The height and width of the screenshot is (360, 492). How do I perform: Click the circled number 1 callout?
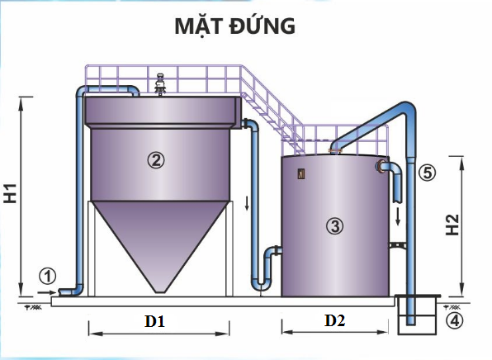click(x=47, y=277)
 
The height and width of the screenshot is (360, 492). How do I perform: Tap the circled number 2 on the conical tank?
click(x=156, y=160)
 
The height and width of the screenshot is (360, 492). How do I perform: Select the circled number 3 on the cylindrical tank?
click(x=335, y=225)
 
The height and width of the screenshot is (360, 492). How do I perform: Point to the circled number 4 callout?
click(x=454, y=320)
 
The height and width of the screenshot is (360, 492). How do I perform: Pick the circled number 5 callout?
click(x=428, y=173)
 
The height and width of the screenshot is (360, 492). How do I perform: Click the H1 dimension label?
click(x=11, y=194)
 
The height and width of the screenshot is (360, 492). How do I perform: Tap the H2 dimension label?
click(x=452, y=225)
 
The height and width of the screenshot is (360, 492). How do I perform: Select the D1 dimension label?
click(x=154, y=321)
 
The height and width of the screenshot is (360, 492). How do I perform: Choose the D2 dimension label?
click(x=335, y=320)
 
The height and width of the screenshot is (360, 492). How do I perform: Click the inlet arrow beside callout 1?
click(x=47, y=292)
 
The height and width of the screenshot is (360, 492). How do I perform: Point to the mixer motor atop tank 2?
click(x=161, y=84)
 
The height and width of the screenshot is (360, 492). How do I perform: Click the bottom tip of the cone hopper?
click(x=160, y=292)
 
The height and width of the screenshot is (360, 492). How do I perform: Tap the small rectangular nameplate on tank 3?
click(x=301, y=174)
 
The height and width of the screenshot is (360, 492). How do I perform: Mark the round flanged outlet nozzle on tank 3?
click(x=381, y=166)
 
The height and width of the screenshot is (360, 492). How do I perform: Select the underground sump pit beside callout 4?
click(x=418, y=315)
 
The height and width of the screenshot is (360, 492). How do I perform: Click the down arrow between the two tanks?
click(x=247, y=203)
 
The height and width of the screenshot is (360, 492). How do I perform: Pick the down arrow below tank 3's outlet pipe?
click(x=398, y=216)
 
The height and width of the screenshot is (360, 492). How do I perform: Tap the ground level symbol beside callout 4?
click(x=452, y=307)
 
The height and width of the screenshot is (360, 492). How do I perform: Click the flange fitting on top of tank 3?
click(x=335, y=152)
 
